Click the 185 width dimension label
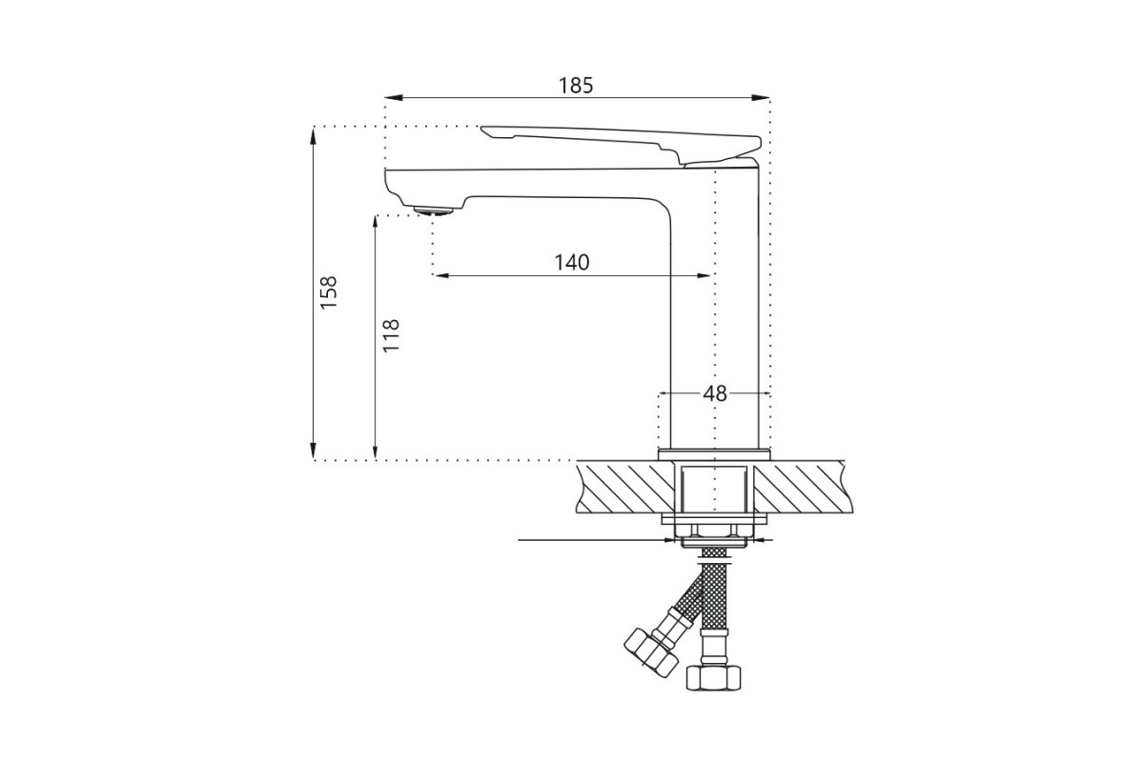point(576,85)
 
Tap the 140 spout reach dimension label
point(572,262)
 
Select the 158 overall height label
point(330,291)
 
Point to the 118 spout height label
point(391,335)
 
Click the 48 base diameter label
point(714,393)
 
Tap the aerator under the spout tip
point(434,211)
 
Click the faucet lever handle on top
point(621,145)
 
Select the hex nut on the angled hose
point(650,652)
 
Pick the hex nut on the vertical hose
point(713,677)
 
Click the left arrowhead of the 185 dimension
point(391,97)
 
